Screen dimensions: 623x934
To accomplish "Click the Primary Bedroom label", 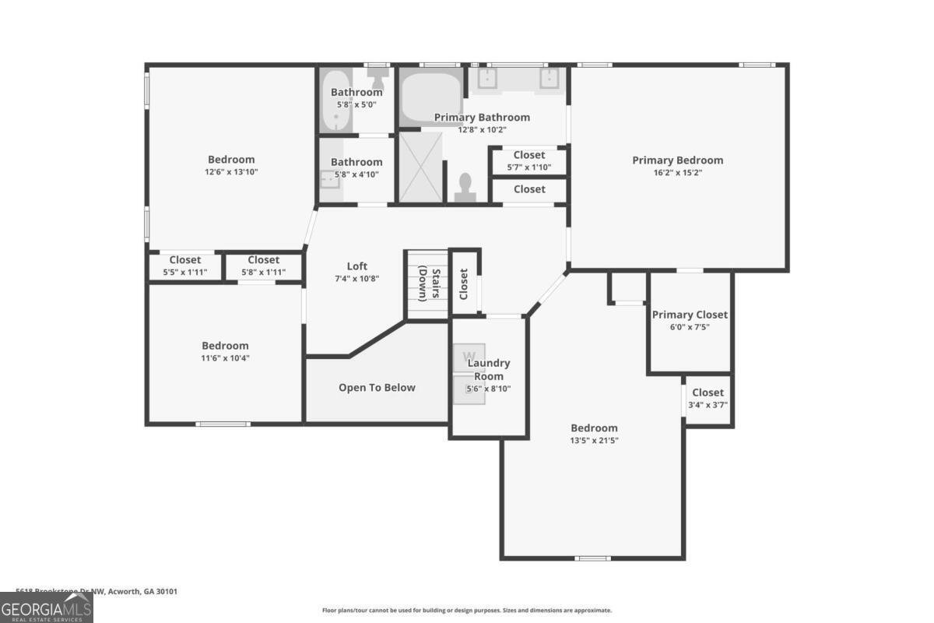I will pyautogui.click(x=677, y=160).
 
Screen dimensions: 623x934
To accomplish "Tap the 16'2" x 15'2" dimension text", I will pyautogui.click(x=677, y=173).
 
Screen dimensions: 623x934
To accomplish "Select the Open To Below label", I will pyautogui.click(x=377, y=388).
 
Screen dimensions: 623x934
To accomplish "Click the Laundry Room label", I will pyautogui.click(x=488, y=369).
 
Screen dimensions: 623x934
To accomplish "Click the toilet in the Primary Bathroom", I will pyautogui.click(x=465, y=187).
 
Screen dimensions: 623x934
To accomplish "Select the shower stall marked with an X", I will pyautogui.click(x=420, y=167).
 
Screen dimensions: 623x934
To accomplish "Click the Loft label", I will pyautogui.click(x=357, y=266).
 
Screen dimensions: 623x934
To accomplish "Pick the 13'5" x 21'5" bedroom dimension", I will pyautogui.click(x=594, y=440).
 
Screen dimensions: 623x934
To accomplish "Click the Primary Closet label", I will pyautogui.click(x=690, y=315).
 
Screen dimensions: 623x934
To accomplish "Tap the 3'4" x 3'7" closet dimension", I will pyautogui.click(x=708, y=405).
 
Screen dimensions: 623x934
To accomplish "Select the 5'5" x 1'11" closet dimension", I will pyautogui.click(x=185, y=272).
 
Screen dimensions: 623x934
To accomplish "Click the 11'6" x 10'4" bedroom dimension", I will pyautogui.click(x=225, y=358).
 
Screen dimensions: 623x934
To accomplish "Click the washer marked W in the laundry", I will pyautogui.click(x=469, y=357).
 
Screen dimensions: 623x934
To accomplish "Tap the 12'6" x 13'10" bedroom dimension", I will pyautogui.click(x=230, y=172).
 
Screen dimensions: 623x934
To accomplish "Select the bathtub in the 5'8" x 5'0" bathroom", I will pyautogui.click(x=336, y=100).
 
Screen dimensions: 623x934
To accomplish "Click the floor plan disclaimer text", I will pyautogui.click(x=467, y=611).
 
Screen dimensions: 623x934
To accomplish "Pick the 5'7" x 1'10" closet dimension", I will pyautogui.click(x=528, y=167).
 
